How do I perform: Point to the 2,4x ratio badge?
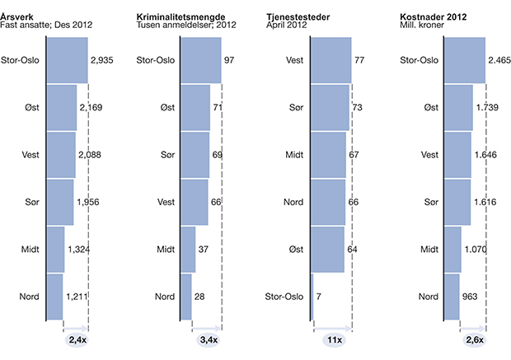pos(77,339)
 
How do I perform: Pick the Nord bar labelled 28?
pos(185,297)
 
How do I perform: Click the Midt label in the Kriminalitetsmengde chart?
pos(165,250)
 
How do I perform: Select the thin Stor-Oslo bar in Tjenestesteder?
pos(313,297)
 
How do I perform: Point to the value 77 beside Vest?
pos(359,60)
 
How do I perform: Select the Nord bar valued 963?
pos(452,297)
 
